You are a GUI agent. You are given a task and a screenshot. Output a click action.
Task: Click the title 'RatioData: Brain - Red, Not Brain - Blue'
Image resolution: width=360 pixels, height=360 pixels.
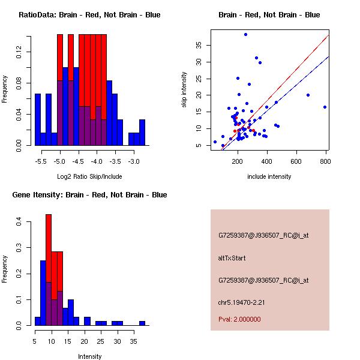(x=89, y=15)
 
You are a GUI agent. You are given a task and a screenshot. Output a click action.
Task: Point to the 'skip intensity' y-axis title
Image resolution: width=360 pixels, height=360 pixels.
(x=184, y=90)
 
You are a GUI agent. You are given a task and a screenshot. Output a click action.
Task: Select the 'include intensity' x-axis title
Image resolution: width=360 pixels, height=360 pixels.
(x=269, y=176)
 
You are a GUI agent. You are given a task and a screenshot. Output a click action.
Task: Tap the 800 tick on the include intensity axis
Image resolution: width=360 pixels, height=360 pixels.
(x=326, y=161)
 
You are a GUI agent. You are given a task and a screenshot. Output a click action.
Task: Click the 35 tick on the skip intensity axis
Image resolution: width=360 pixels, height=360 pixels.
(x=200, y=45)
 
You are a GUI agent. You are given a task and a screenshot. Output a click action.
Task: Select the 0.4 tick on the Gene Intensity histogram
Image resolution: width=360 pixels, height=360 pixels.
(x=20, y=222)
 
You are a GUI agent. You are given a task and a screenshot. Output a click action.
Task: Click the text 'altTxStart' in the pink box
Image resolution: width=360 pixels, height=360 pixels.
(x=232, y=258)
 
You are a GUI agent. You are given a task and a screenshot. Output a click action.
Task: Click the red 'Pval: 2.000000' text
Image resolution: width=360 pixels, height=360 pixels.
(x=239, y=319)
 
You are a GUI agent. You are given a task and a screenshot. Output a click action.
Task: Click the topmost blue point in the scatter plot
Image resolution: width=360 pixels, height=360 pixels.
(x=245, y=34)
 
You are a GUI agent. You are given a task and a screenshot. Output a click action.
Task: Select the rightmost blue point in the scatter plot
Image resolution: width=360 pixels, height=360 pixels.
(x=325, y=107)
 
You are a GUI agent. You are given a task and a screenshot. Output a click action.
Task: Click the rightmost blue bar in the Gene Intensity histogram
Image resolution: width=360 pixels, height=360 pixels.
(x=142, y=323)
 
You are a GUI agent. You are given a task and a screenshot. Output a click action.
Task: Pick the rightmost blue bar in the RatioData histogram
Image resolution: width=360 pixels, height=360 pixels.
(x=142, y=132)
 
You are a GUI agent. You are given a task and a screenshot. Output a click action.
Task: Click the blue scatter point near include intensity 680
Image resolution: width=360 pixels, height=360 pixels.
(x=308, y=95)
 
